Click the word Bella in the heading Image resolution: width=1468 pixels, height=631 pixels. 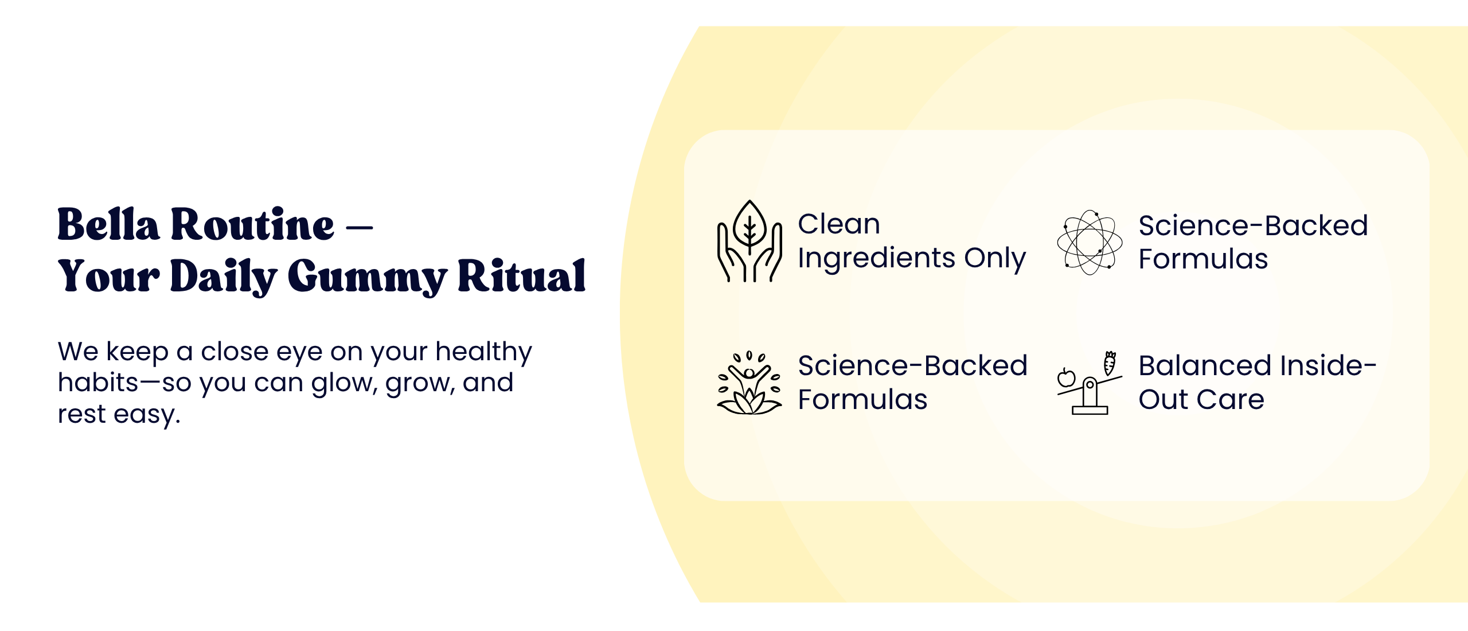[108, 224]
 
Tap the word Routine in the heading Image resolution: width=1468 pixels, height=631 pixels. [252, 224]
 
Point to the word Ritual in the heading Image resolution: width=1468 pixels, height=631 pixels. [522, 276]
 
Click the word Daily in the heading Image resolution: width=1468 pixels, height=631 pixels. [224, 277]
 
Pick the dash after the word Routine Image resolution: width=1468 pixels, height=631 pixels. [360, 228]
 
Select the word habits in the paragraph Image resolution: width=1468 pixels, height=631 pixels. [98, 382]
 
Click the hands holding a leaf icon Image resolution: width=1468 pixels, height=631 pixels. [749, 241]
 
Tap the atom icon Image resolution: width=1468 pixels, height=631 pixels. [1090, 242]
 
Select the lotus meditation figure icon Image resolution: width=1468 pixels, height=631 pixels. [749, 383]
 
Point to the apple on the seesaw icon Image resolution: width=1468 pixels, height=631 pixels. [1067, 377]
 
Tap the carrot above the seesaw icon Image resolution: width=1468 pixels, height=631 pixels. [1110, 363]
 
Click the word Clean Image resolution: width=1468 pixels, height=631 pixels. [839, 224]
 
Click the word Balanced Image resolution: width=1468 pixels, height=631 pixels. [1204, 365]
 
